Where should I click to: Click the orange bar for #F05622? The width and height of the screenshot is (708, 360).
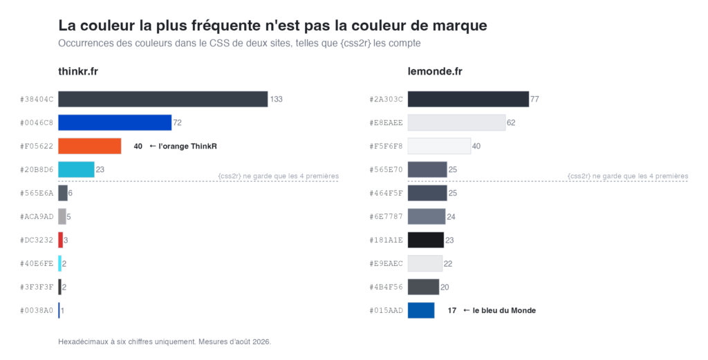click(89, 146)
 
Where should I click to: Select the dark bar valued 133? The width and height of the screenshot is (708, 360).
click(163, 100)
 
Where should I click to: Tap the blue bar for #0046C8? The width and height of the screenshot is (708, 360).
click(115, 123)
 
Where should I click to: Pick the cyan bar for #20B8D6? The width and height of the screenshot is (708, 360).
click(76, 169)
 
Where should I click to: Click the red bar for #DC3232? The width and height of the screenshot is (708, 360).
click(61, 240)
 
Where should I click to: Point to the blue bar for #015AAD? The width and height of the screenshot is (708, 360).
click(421, 310)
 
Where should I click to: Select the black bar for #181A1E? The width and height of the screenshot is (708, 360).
click(426, 240)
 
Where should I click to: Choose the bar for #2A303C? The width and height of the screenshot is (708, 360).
click(468, 100)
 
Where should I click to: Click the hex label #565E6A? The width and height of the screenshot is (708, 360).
click(37, 193)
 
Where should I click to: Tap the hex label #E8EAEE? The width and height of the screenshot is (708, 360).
click(386, 123)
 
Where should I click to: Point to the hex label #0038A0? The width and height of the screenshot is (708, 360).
click(37, 310)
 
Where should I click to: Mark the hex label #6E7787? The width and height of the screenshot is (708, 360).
click(386, 216)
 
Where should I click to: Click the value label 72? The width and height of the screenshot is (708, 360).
click(178, 123)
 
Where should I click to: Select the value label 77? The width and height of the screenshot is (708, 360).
click(534, 100)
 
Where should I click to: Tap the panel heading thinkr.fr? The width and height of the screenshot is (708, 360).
click(78, 71)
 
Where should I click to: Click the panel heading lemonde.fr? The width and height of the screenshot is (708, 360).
click(435, 71)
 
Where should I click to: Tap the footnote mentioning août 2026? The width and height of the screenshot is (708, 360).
click(165, 342)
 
